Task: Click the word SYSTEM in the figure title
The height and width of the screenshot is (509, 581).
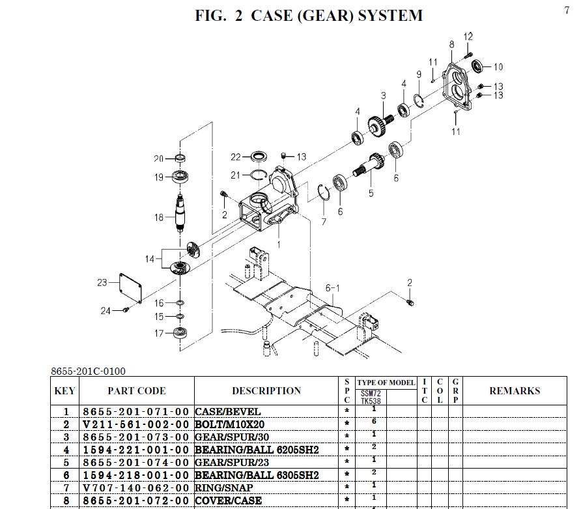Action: coord(388,15)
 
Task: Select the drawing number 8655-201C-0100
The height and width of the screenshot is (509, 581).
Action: coord(88,371)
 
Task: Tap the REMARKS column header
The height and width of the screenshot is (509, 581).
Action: coord(515,391)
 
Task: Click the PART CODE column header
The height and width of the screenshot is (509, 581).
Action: coord(136,391)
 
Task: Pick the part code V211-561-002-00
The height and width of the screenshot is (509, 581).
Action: coord(136,424)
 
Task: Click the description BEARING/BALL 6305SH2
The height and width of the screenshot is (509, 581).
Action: coord(257,475)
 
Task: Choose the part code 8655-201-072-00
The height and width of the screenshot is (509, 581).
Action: coord(136,501)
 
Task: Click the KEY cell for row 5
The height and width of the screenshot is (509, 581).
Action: coord(66,462)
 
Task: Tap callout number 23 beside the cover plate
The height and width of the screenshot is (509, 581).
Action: coord(102,282)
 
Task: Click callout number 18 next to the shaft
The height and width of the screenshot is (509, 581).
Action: coord(160,217)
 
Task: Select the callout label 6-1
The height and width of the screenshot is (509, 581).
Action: coord(333,288)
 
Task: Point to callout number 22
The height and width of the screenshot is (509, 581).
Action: coord(236,157)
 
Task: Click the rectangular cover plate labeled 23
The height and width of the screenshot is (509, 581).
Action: coord(127,287)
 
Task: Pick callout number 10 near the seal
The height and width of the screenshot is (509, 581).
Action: coord(498,66)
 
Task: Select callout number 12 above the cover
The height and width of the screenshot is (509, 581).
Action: coord(468,36)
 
